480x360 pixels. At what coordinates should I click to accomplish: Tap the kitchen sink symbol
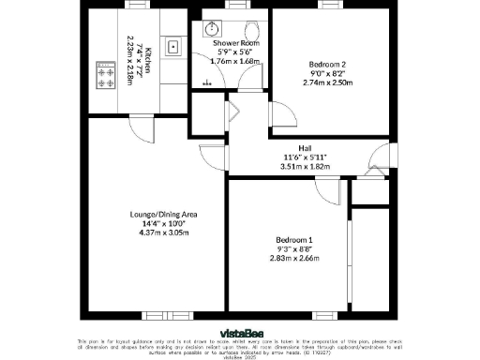tap(172, 45)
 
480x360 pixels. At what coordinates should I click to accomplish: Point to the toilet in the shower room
tap(252, 28)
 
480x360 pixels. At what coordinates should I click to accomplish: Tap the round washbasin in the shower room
tap(208, 29)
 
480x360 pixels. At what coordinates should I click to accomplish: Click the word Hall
tap(305, 147)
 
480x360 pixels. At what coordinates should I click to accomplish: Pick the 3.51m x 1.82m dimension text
tap(305, 166)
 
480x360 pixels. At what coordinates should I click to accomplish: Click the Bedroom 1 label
tap(294, 241)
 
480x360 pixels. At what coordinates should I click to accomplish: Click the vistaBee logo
tap(239, 332)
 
